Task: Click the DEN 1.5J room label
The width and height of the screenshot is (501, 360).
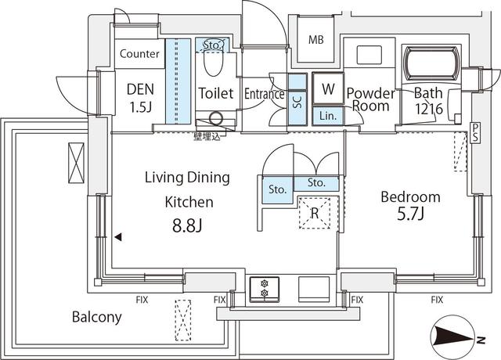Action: click(140, 97)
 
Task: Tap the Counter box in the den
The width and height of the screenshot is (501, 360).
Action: click(140, 54)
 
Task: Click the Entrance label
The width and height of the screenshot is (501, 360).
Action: click(264, 94)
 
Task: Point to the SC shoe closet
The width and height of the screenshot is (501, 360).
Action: click(297, 99)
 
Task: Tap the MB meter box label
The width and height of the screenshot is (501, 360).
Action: click(315, 40)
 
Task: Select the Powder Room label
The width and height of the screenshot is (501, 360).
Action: click(369, 98)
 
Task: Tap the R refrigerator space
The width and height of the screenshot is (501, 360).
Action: click(313, 211)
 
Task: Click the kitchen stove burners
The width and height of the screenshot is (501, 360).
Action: click(264, 289)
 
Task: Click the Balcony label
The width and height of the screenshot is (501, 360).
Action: click(97, 317)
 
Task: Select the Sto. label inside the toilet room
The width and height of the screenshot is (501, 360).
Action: click(213, 44)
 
